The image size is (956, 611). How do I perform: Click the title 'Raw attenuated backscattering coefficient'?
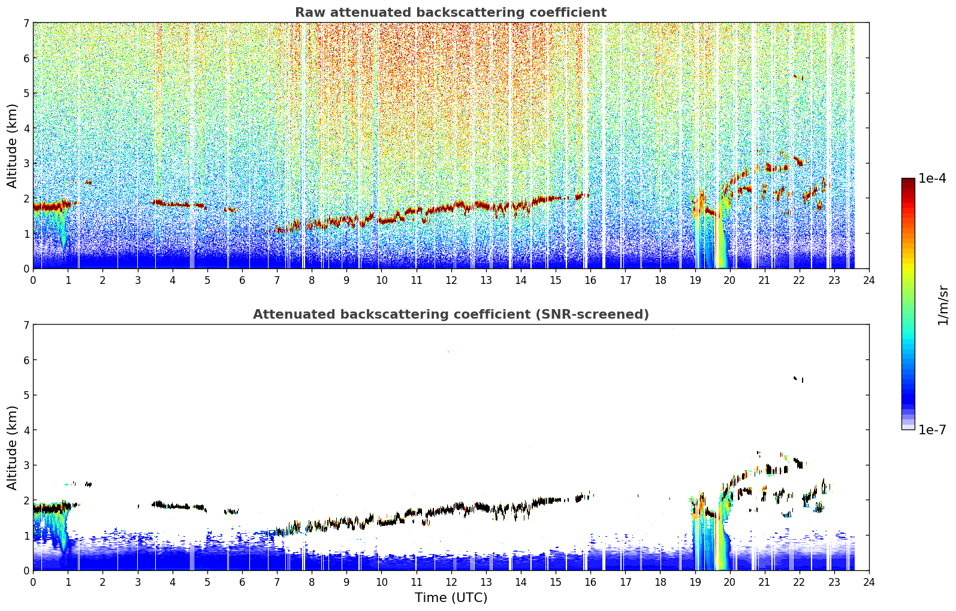pyautogui.click(x=451, y=13)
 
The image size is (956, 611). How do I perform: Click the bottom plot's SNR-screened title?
pyautogui.click(x=451, y=314)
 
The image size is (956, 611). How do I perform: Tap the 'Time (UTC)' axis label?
pyautogui.click(x=451, y=597)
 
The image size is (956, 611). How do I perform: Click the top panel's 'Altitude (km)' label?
pyautogui.click(x=12, y=146)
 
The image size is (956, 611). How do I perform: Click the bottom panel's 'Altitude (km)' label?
pyautogui.click(x=12, y=447)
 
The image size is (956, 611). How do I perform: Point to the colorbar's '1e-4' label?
pyautogui.click(x=932, y=179)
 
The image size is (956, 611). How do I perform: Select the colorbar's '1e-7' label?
pyautogui.click(x=932, y=429)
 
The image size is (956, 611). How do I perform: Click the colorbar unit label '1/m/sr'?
pyautogui.click(x=943, y=305)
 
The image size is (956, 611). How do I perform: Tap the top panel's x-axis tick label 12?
pyautogui.click(x=451, y=280)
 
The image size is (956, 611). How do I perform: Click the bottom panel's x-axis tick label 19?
pyautogui.click(x=695, y=582)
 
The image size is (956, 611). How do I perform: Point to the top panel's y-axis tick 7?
pyautogui.click(x=26, y=23)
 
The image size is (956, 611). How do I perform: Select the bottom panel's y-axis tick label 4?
pyautogui.click(x=26, y=430)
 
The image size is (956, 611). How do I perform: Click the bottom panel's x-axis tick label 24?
pyautogui.click(x=869, y=582)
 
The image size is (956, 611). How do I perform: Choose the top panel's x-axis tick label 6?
pyautogui.click(x=242, y=280)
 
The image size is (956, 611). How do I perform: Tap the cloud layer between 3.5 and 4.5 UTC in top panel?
pyautogui.click(x=173, y=204)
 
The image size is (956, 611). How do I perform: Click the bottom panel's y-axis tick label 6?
pyautogui.click(x=26, y=360)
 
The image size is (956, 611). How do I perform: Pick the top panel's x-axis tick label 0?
pyautogui.click(x=34, y=280)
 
